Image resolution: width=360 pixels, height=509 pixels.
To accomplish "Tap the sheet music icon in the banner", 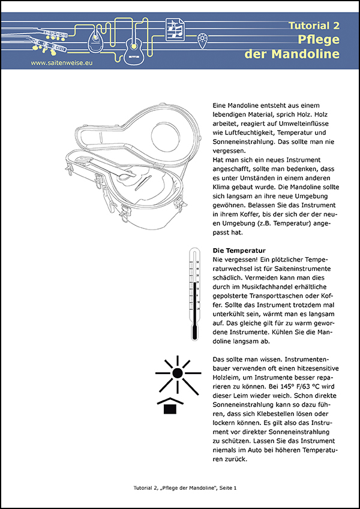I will (x=175, y=29).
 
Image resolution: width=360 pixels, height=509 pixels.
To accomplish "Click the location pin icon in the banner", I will (x=204, y=40).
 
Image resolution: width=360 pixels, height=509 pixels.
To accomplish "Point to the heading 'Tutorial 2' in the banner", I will (x=314, y=26).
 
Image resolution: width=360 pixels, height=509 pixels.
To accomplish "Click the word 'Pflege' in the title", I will (x=319, y=40).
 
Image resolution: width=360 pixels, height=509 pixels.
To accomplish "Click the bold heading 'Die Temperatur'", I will (x=239, y=250).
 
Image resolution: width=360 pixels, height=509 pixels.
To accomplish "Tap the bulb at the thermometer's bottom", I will (x=193, y=333).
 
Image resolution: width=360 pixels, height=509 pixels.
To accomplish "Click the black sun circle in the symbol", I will (x=177, y=372).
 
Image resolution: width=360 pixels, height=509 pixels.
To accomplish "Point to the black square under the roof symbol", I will (x=170, y=408).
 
